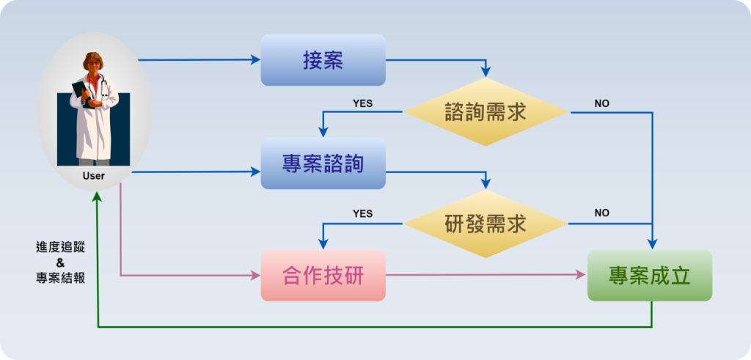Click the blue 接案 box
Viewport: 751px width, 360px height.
(x=323, y=60)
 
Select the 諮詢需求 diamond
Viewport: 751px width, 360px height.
(x=486, y=112)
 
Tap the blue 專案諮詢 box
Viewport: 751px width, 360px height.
(x=323, y=164)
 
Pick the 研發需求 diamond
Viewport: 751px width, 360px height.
(x=486, y=224)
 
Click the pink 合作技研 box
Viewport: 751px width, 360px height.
(x=323, y=276)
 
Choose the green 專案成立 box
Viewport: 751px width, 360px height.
(x=649, y=276)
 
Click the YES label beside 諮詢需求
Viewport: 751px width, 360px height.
(x=362, y=103)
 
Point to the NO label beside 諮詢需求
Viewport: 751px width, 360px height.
(x=601, y=103)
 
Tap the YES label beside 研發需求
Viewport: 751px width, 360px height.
(x=362, y=213)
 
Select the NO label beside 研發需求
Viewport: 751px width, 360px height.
(x=601, y=213)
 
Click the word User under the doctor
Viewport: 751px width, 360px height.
(x=94, y=176)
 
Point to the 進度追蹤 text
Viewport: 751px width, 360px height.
(x=60, y=247)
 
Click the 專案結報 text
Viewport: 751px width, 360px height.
(x=60, y=278)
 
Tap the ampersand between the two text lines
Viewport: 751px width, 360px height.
(x=60, y=262)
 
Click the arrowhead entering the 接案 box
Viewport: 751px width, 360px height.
(x=257, y=59)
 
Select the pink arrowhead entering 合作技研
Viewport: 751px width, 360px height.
(x=257, y=276)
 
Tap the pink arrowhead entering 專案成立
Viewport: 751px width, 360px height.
(x=582, y=276)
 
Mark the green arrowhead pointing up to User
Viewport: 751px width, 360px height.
(x=97, y=197)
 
